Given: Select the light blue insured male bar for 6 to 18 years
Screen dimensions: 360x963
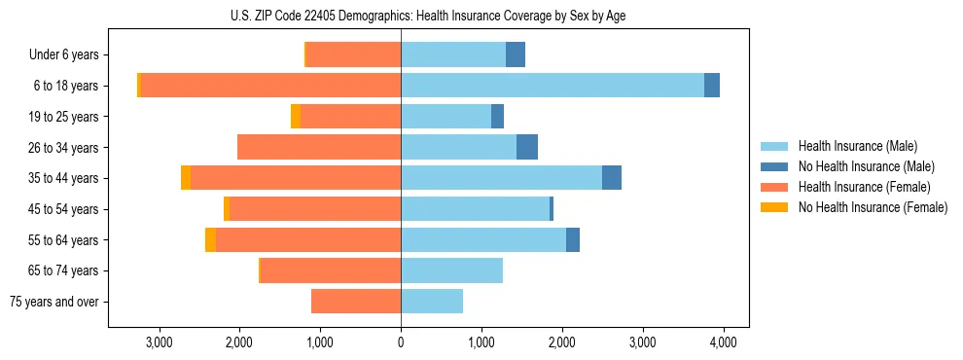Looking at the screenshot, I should coord(552,86).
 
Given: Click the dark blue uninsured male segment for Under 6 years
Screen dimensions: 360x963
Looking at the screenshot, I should coord(516,54).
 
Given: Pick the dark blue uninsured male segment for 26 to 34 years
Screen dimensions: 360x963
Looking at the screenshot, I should coord(526,147).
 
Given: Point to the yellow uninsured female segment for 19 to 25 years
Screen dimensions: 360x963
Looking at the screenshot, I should coord(296,117).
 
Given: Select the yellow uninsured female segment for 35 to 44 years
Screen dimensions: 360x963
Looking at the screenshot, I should coord(186,178).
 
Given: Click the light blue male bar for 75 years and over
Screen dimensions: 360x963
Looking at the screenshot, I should coord(432,302).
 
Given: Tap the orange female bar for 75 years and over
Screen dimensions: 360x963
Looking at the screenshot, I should coord(356,302).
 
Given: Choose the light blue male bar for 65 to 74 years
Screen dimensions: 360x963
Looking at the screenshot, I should coord(451,270).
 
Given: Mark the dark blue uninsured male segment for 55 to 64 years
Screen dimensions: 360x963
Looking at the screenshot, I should coord(573,239).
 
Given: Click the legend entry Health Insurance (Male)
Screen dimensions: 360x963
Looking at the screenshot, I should coord(857,146).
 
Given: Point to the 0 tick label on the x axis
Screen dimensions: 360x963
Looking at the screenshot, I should coord(401,342).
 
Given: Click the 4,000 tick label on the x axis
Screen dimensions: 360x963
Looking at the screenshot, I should coord(723,342).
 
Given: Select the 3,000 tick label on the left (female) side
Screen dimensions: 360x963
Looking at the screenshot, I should coord(159,342).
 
